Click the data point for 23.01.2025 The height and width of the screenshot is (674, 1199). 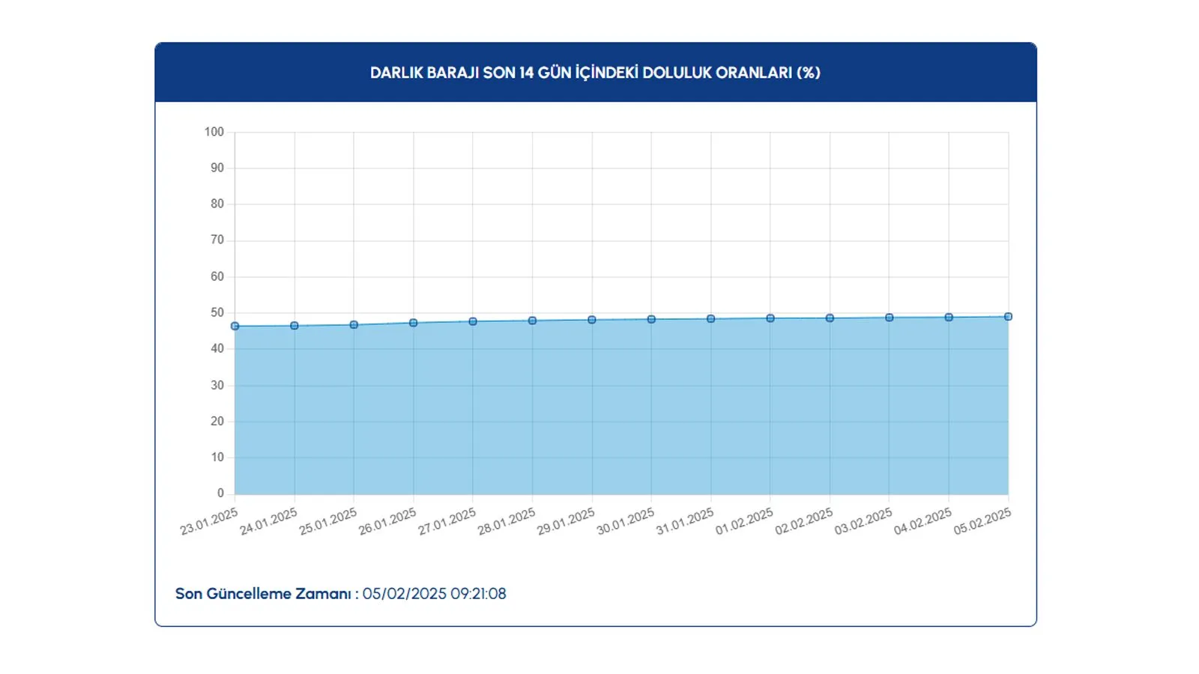click(235, 327)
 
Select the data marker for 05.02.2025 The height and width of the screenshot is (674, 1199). click(1008, 317)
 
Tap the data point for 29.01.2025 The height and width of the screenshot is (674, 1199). click(592, 320)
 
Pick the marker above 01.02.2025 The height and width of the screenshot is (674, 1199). click(770, 318)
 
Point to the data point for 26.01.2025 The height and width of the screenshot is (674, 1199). click(413, 323)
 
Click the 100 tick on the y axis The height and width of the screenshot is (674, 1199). click(214, 132)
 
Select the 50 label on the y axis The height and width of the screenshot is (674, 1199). click(217, 312)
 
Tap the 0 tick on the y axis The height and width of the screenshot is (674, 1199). click(220, 493)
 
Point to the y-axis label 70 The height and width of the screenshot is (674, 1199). click(217, 240)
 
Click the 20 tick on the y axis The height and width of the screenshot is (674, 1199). click(217, 421)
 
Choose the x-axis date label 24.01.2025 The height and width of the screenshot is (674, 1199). click(268, 522)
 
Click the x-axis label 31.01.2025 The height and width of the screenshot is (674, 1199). click(685, 522)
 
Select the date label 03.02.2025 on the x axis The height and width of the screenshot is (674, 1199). click(863, 522)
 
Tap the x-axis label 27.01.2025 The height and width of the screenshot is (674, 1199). click(447, 522)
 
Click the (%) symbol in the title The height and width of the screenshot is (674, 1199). click(808, 73)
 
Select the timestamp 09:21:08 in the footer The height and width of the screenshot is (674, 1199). click(478, 594)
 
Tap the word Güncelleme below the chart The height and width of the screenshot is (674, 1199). click(249, 594)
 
